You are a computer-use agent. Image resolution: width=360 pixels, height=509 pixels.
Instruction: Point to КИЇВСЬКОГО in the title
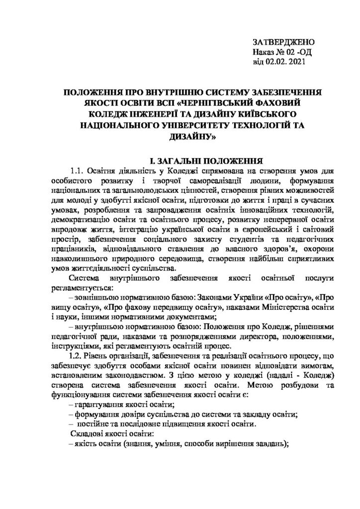[263, 114]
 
